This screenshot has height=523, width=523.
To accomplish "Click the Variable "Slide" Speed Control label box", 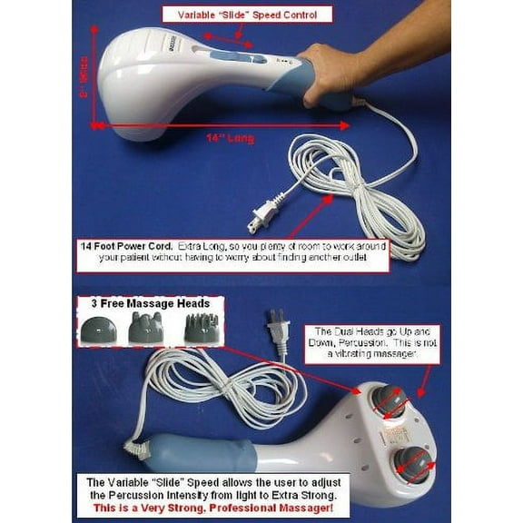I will point(247,14).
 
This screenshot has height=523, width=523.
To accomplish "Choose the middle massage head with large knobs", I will point(145,328).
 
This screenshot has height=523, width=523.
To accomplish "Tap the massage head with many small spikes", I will point(202,328).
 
